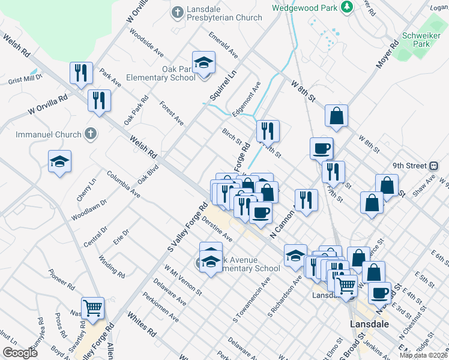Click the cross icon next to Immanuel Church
point(90,133)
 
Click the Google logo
point(20,353)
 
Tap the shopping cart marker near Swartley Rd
point(92,308)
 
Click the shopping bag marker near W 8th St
point(337,116)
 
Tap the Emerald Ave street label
point(223,45)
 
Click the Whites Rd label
point(142,323)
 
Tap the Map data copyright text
point(423,355)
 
